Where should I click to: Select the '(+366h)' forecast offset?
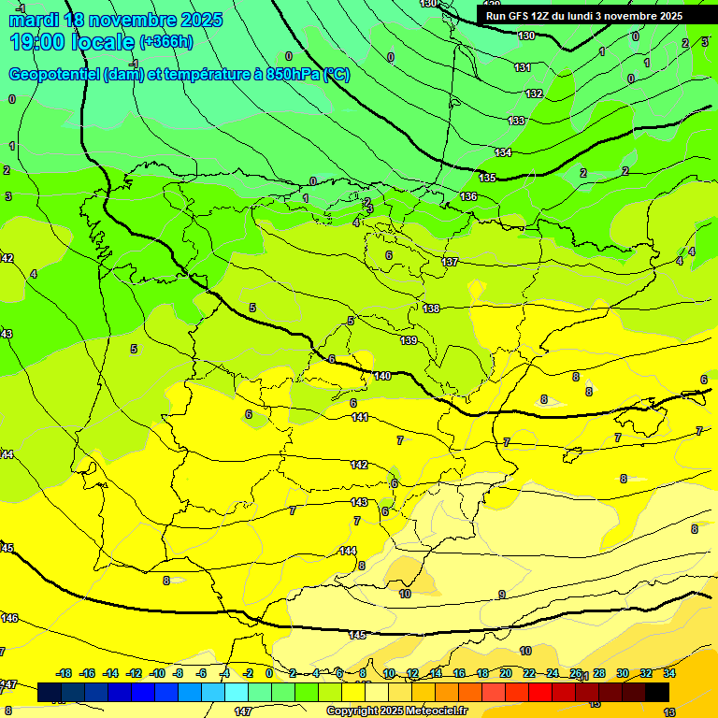[165, 42]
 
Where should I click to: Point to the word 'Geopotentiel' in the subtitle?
[53, 75]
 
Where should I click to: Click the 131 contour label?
[523, 67]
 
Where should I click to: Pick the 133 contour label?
[516, 121]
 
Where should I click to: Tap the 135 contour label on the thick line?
[487, 178]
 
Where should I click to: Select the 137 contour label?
[451, 262]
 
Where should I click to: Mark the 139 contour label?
[409, 340]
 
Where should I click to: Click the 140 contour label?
[382, 376]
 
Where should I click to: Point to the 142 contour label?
[359, 465]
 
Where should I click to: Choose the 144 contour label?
[348, 551]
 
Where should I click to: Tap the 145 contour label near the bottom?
[357, 635]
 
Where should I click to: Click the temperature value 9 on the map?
[502, 595]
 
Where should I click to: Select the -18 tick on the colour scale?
[65, 673]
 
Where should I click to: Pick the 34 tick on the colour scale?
[669, 673]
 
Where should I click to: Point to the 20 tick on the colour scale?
[505, 673]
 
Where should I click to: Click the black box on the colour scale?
[657, 692]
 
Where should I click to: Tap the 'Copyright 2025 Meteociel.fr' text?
[397, 711]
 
